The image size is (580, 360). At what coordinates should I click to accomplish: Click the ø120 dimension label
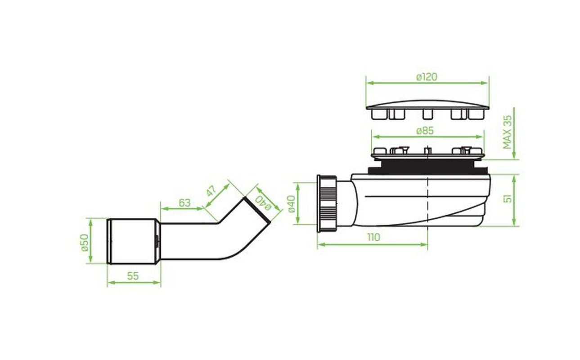[427, 76]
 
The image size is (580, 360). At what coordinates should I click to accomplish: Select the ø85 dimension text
[425, 131]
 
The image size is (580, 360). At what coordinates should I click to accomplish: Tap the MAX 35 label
[507, 132]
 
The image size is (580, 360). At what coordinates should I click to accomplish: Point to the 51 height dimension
[508, 199]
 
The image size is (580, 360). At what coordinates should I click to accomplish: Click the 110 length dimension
[374, 237]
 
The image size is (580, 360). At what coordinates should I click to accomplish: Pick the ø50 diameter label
[85, 243]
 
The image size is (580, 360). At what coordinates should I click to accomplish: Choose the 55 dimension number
[133, 276]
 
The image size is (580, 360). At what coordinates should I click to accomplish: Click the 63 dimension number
[184, 203]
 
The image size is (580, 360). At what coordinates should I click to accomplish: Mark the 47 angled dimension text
[211, 191]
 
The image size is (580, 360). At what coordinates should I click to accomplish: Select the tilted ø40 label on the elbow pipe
[263, 203]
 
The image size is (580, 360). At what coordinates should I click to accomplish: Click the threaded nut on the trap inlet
[327, 203]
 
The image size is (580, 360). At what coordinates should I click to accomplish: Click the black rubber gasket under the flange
[428, 167]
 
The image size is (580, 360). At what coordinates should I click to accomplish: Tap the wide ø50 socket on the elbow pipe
[134, 241]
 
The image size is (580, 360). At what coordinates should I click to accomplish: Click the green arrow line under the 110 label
[372, 244]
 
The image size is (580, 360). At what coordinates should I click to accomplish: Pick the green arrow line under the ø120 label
[427, 83]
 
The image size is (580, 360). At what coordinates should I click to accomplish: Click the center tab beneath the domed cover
[427, 114]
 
